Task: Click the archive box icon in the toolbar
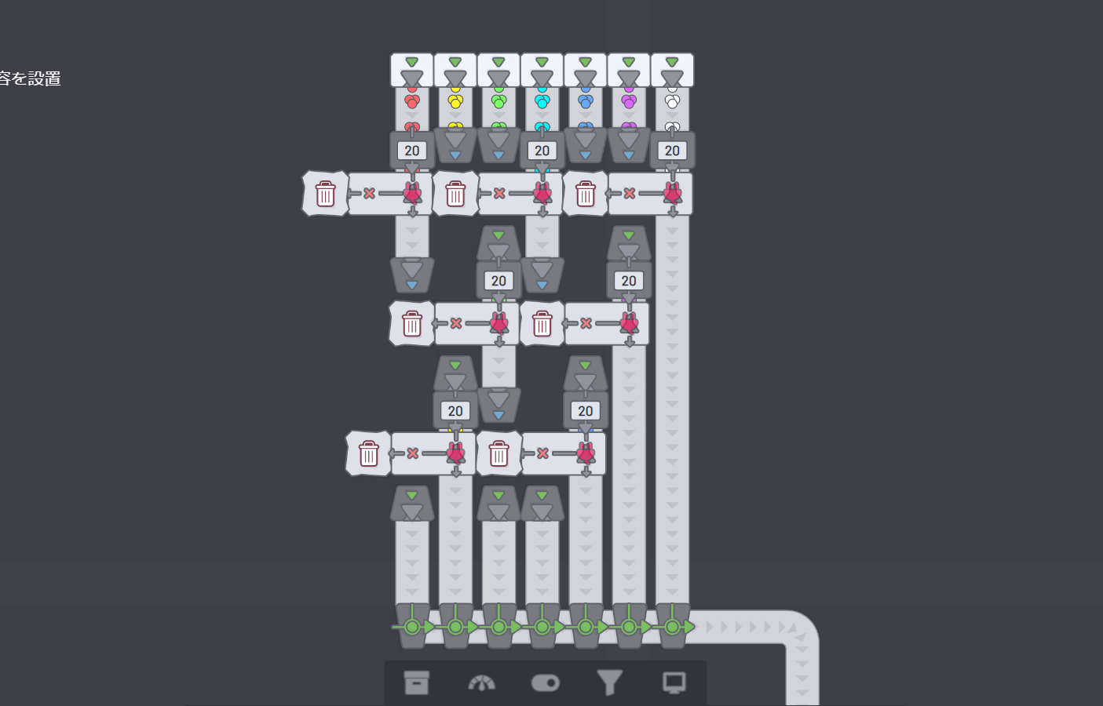point(417,682)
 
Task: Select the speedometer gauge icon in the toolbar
point(481,683)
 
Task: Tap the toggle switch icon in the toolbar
point(546,683)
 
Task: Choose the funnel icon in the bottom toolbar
point(609,682)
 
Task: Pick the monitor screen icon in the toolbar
point(674,682)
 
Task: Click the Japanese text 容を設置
point(30,78)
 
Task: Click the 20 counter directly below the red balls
point(412,151)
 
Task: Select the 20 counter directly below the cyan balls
point(542,151)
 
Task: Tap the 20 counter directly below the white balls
point(673,151)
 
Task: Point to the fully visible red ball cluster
point(412,101)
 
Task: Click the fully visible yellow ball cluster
point(455,101)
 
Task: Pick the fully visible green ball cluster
point(499,101)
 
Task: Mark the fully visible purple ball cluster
point(629,101)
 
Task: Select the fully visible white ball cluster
point(672,101)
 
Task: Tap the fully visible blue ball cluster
point(586,101)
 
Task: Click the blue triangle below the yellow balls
point(455,155)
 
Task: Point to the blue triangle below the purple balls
point(629,155)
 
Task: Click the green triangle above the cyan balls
point(542,62)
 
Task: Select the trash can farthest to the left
point(325,194)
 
